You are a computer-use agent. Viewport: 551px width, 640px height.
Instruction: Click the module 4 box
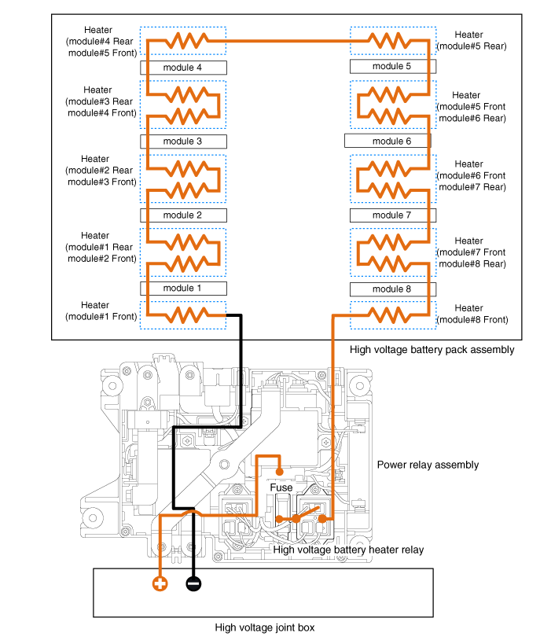click(x=183, y=68)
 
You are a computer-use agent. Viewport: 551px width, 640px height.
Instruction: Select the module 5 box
click(x=392, y=66)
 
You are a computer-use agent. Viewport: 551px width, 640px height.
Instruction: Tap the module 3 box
click(x=183, y=142)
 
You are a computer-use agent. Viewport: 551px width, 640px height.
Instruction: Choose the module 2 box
click(x=183, y=215)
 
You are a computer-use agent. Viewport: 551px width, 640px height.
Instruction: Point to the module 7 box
click(x=392, y=215)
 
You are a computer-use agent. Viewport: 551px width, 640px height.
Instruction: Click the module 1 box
click(x=183, y=289)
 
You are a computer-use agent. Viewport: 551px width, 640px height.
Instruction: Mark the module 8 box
click(x=392, y=289)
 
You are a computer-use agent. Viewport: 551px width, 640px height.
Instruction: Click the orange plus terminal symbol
click(x=160, y=583)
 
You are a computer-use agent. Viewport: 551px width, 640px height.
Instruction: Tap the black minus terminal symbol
click(x=193, y=583)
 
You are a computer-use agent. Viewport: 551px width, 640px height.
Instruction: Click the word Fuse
click(x=281, y=487)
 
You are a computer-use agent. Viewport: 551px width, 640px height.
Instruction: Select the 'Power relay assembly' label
click(x=428, y=465)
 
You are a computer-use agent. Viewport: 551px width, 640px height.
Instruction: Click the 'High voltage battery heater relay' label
click(x=348, y=550)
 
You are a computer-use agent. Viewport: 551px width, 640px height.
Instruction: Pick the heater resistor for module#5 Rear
click(x=392, y=39)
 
